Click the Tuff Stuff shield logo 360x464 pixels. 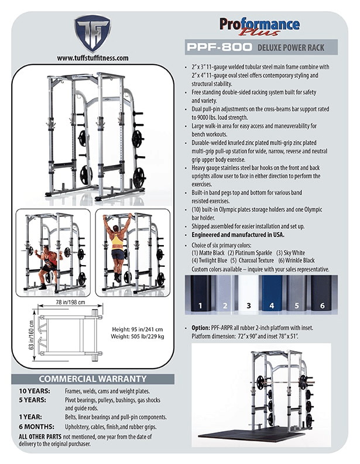point(92,33)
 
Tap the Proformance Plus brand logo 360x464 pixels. point(259,26)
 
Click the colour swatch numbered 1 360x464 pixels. point(200,295)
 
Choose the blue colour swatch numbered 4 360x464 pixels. point(272,295)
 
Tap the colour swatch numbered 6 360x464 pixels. point(320,295)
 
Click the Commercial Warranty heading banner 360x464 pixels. point(92,379)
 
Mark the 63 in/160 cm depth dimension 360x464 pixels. point(25,335)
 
